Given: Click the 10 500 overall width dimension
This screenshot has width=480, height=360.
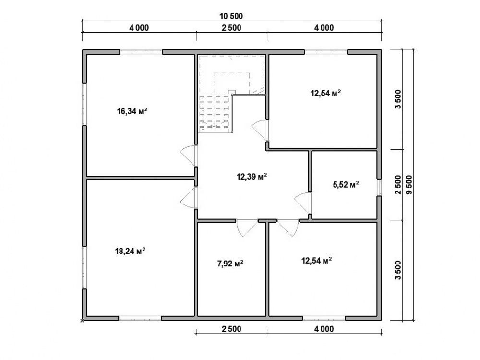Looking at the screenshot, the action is (231, 16).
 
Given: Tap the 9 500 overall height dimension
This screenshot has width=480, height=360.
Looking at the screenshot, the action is (409, 185).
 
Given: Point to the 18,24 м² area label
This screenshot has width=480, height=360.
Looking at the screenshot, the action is (130, 251).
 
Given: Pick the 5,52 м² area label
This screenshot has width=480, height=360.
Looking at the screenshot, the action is (346, 184).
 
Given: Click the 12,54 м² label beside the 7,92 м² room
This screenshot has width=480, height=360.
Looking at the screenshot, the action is (317, 261).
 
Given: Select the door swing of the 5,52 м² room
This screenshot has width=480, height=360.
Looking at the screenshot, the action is (301, 203).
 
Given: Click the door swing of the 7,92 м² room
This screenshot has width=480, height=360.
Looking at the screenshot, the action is (247, 228).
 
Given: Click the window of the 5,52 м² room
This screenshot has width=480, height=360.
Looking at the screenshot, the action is (379, 187).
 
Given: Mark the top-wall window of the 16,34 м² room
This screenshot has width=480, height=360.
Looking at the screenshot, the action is (141, 52).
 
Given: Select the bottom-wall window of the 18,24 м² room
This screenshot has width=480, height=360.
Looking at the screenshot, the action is (140, 318).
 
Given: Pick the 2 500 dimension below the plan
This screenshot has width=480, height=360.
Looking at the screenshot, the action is (231, 329).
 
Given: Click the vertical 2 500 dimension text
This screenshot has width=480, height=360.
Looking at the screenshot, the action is (397, 185).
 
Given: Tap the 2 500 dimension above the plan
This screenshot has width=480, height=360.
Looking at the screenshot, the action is (231, 28).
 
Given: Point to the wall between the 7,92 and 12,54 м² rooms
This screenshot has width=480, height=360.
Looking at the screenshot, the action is (267, 268).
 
